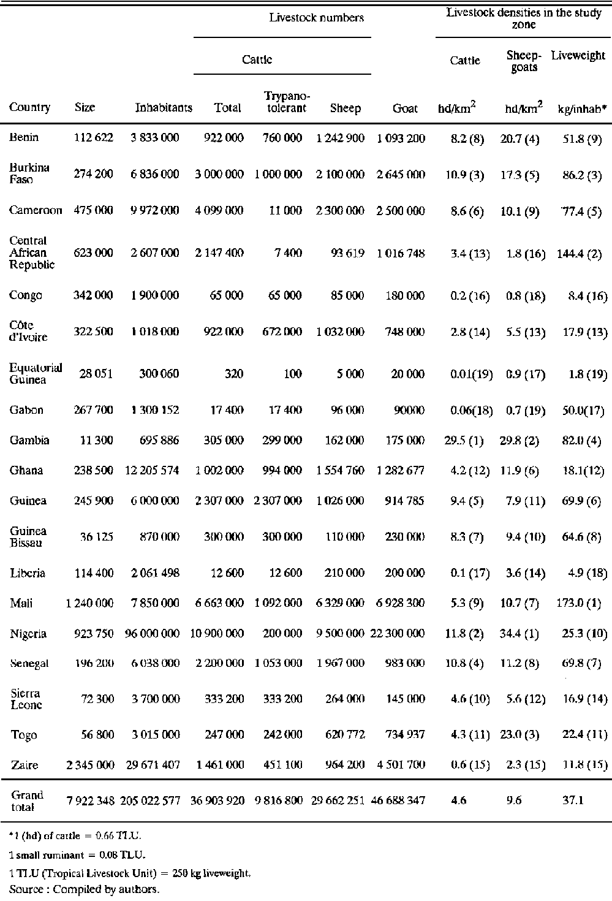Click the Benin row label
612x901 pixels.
coord(24,137)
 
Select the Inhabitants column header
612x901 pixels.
coord(164,108)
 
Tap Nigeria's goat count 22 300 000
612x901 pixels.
coord(398,633)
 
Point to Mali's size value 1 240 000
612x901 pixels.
coord(89,603)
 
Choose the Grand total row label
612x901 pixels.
coord(28,800)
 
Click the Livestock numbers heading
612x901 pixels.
coord(316,18)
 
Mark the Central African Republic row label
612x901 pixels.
coord(32,253)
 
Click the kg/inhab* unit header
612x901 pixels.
coord(581,108)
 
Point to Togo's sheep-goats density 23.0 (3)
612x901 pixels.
coord(524,735)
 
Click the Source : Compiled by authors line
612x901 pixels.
coord(85,889)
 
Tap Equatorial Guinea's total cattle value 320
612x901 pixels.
coord(233,374)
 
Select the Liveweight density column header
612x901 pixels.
coord(578,56)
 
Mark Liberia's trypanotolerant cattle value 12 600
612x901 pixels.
coord(285,573)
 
